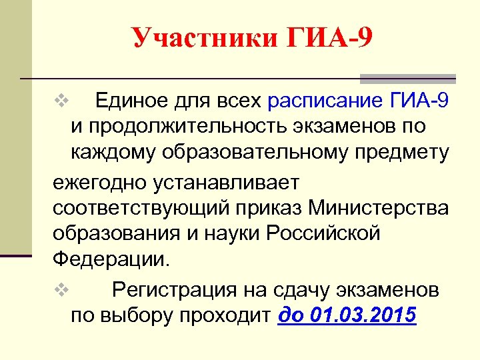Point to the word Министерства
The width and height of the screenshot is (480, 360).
coord(380,209)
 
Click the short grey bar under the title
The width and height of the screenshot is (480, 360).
coord(407,79)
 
